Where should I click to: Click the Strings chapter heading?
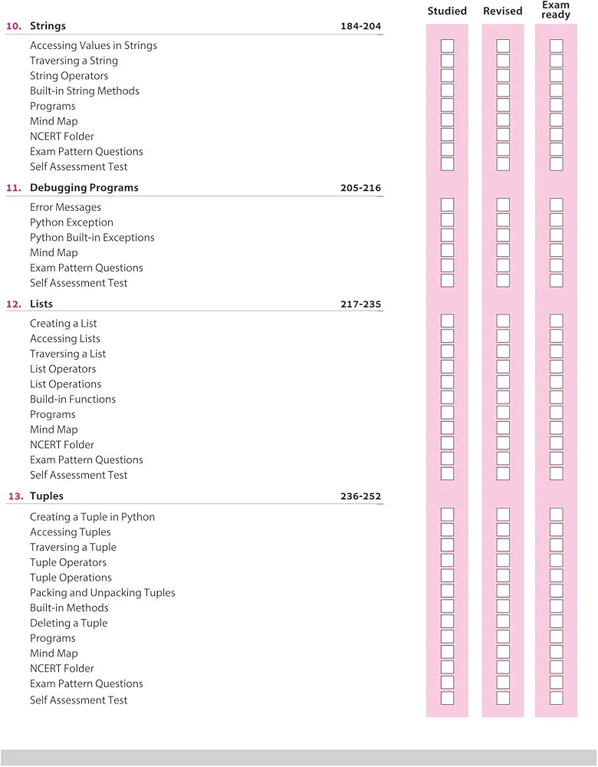point(48,26)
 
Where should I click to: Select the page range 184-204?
point(360,27)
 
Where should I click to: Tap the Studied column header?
point(447,11)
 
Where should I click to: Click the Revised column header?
point(503,11)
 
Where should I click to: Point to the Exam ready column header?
point(556,10)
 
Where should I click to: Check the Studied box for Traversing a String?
point(447,61)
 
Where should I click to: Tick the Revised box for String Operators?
point(503,76)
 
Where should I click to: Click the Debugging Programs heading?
point(84,188)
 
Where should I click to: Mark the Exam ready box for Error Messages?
point(557,205)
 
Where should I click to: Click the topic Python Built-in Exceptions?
point(92,238)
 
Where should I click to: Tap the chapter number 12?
point(14,304)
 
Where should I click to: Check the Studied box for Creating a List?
point(447,321)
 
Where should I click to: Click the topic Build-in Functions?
point(73,400)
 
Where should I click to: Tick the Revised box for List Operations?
point(503,382)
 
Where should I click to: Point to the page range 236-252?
point(360,497)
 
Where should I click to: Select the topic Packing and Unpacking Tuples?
point(103,593)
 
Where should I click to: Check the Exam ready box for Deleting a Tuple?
point(557,621)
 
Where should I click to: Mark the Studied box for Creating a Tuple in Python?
point(447,515)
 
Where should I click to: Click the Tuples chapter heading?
point(47,496)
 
